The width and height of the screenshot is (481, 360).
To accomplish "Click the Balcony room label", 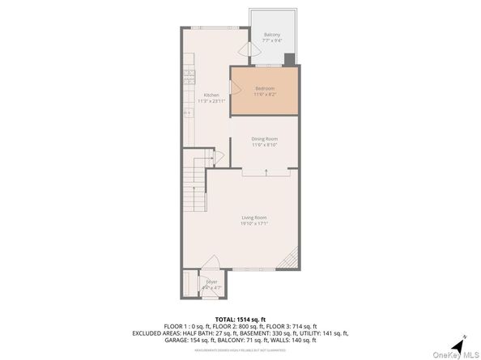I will click(271, 35).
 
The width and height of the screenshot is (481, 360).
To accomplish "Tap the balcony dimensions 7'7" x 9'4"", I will click(271, 40).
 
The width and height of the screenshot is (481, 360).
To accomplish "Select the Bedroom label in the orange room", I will click(264, 88).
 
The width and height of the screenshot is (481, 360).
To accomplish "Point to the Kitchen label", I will click(211, 95).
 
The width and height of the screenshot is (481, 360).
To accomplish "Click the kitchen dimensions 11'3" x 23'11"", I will click(211, 100).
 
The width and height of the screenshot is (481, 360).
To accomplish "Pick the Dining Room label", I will click(264, 139).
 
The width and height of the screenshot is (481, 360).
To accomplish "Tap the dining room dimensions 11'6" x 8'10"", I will click(264, 145).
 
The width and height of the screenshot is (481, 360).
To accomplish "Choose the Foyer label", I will click(211, 282).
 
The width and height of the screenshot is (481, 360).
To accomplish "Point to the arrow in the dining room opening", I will click(266, 171).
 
